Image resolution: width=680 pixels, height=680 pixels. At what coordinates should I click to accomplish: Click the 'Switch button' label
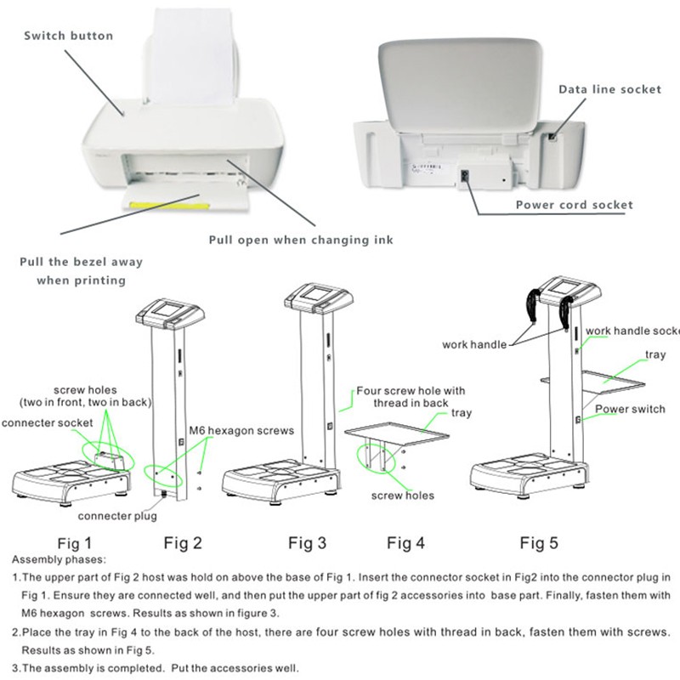coord(68,36)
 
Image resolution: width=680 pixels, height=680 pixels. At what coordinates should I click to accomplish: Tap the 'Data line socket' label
coord(609,89)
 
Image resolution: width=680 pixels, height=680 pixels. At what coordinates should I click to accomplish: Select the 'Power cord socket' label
coord(574,205)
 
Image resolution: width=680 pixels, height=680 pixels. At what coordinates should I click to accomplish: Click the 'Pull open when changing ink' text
coord(301,240)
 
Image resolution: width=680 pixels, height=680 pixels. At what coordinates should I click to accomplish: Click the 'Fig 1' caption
coord(75,541)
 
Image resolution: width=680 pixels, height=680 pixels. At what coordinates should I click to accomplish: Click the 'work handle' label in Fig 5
coord(474,344)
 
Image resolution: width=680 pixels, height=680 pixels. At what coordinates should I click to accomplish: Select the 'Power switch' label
coord(630,409)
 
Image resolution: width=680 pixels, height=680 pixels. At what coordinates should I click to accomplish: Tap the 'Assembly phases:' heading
coord(59,560)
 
